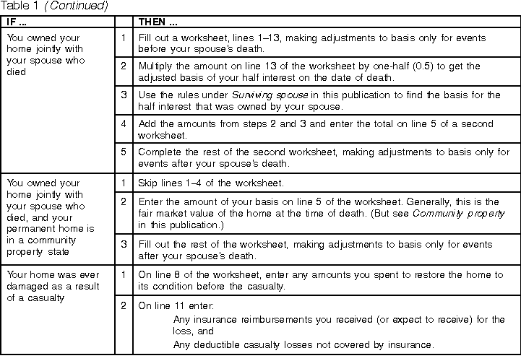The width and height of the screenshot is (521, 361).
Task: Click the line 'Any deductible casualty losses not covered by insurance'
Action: click(x=303, y=344)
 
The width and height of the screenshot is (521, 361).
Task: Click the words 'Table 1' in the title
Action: click(x=20, y=6)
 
